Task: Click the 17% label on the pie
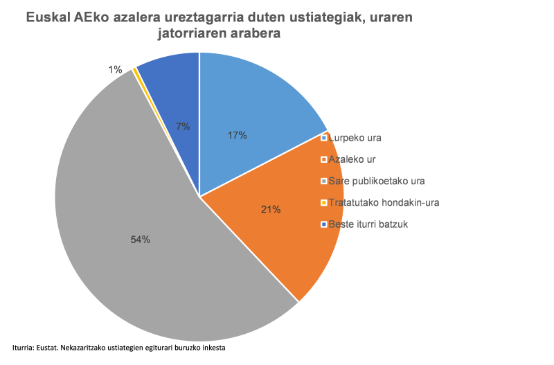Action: (x=237, y=136)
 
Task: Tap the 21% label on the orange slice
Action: (x=271, y=209)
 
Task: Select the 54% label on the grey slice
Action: (x=140, y=240)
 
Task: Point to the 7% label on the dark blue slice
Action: (x=183, y=126)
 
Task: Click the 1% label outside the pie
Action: (x=115, y=69)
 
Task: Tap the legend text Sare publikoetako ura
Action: (x=377, y=181)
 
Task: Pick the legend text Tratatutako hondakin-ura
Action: (x=384, y=202)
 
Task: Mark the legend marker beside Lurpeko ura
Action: (x=323, y=138)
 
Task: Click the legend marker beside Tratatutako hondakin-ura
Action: (x=323, y=202)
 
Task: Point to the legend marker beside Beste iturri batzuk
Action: (x=323, y=224)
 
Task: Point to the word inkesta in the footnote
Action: (x=213, y=347)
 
